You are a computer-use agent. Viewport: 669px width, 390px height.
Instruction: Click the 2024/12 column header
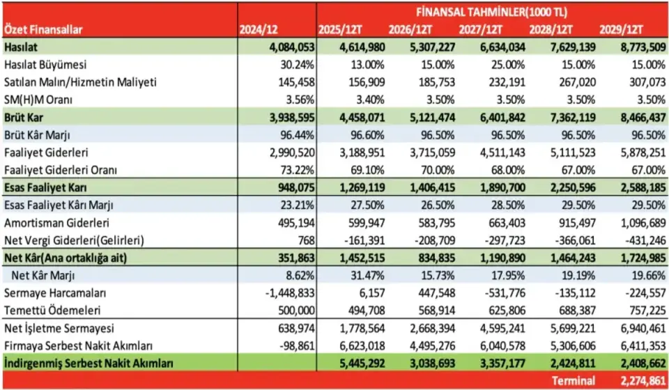tap(259, 29)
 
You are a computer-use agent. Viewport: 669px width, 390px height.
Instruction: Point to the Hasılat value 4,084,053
tap(288, 47)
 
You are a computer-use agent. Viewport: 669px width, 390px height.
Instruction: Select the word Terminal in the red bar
tap(574, 381)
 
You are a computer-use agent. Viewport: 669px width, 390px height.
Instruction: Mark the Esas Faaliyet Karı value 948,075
tap(293, 187)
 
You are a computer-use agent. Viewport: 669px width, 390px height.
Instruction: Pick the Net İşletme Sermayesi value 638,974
tap(295, 328)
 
